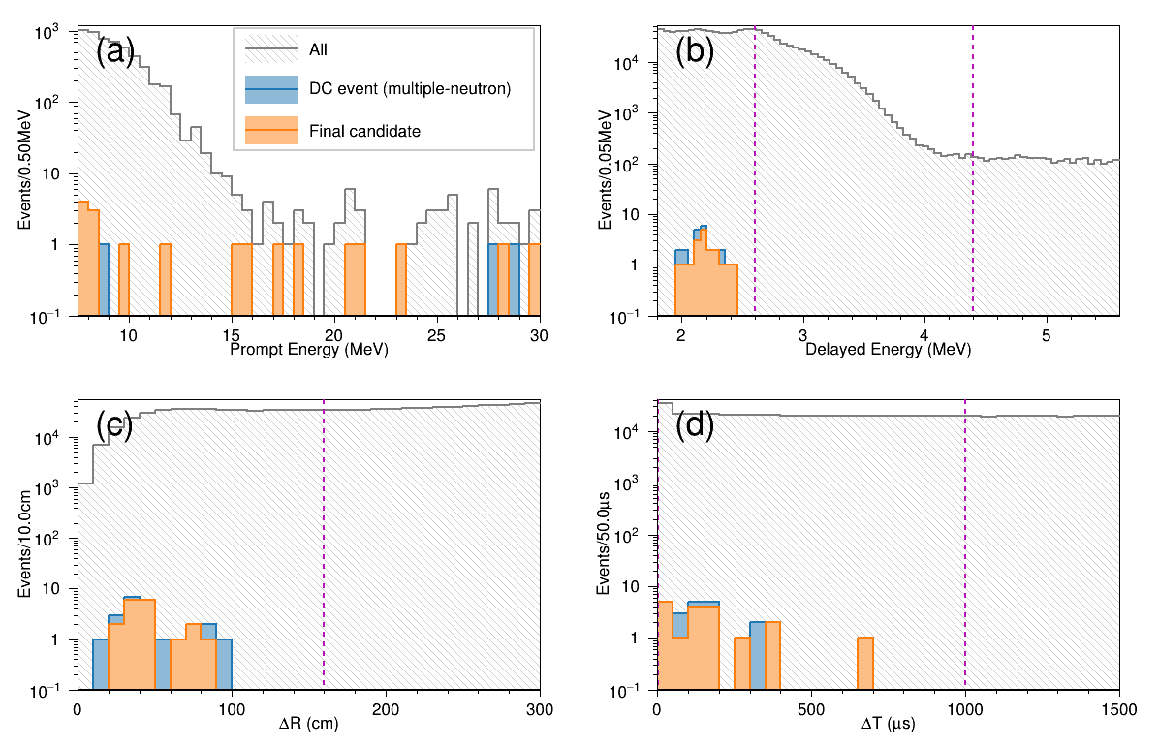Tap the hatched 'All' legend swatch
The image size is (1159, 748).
(x=271, y=47)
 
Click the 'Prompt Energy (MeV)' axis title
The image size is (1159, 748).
(x=308, y=350)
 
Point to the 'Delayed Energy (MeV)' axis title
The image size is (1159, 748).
(x=888, y=350)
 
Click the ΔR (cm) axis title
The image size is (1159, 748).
(x=308, y=726)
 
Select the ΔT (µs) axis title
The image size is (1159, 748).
(x=888, y=726)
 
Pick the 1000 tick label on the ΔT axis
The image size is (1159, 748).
(x=965, y=707)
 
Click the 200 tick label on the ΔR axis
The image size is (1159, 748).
(x=386, y=707)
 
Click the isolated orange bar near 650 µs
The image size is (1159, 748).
(x=865, y=664)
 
